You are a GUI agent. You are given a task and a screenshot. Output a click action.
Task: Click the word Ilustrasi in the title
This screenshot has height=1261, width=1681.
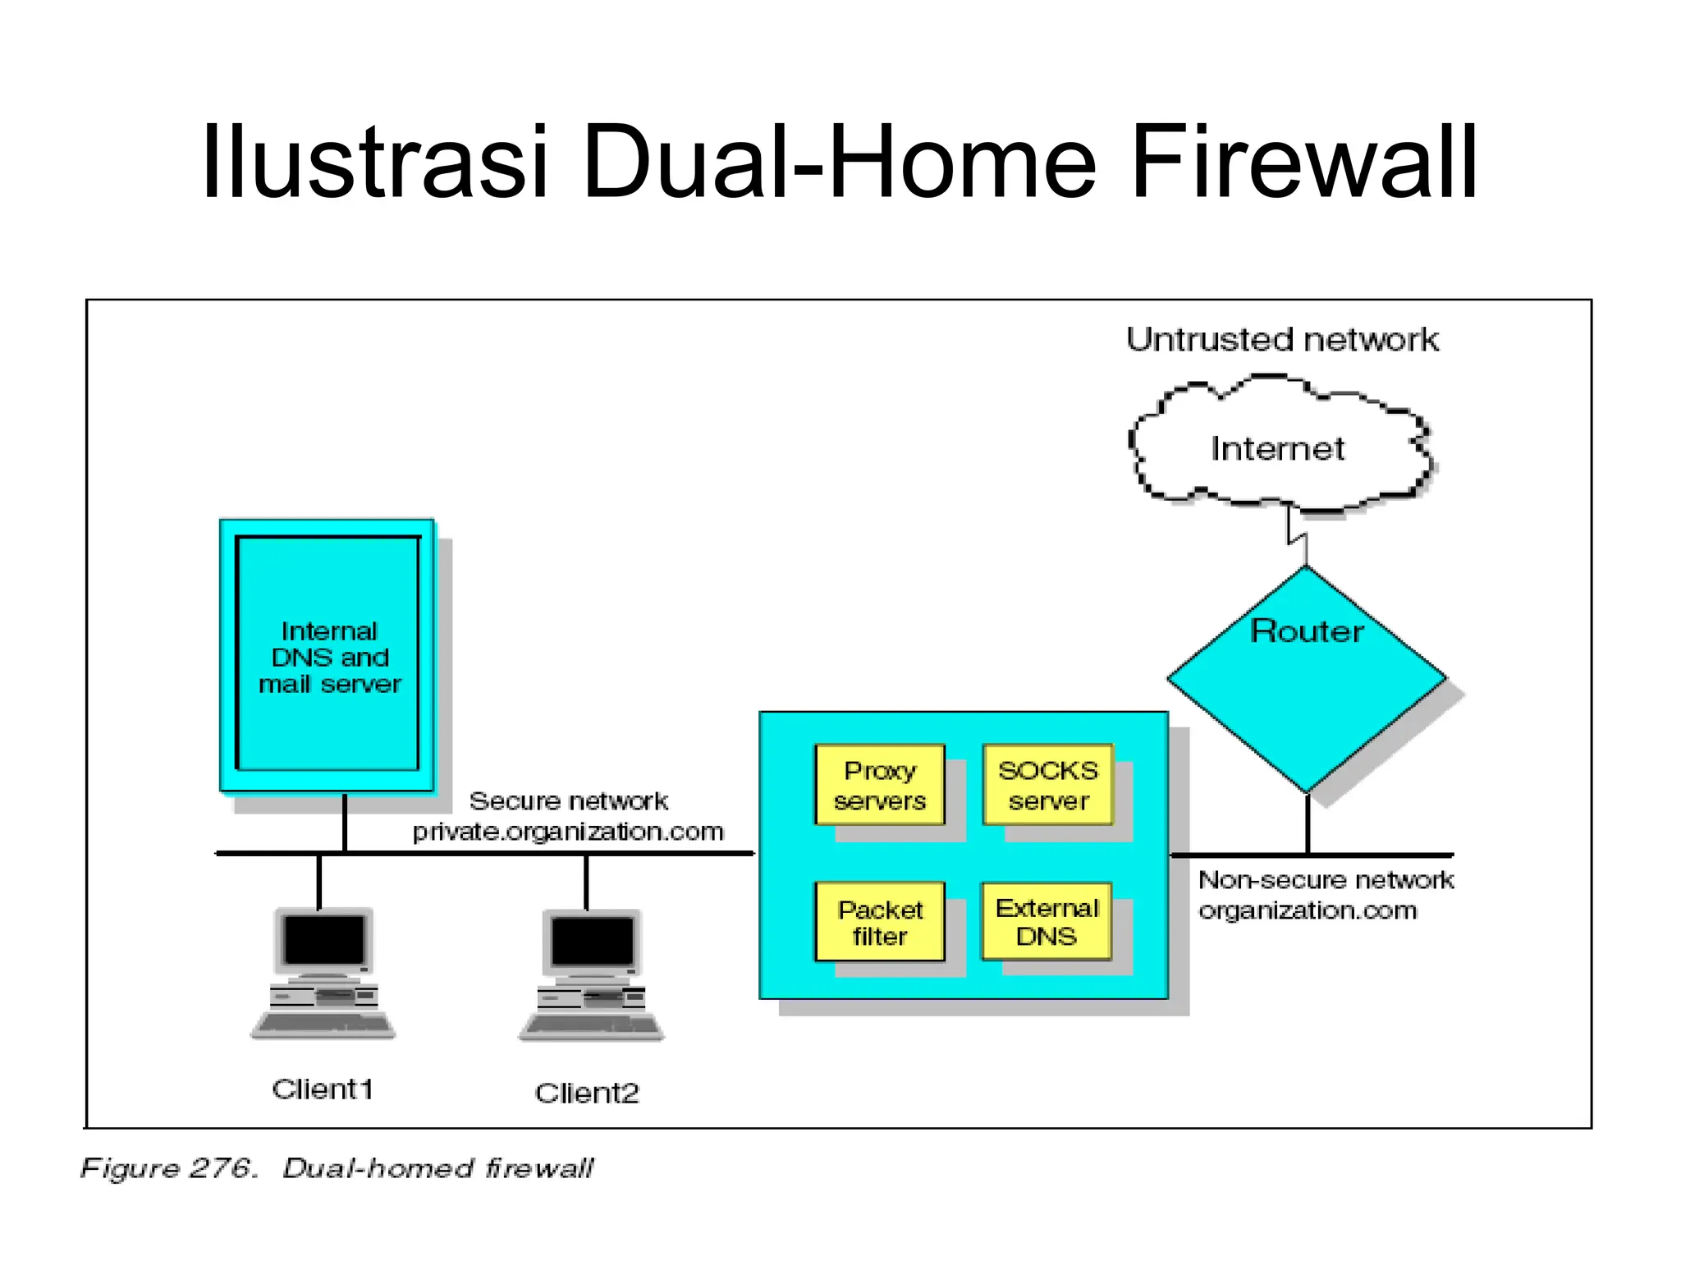pyautogui.click(x=373, y=162)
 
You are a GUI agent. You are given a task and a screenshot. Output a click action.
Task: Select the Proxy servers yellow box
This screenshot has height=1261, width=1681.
pyautogui.click(x=879, y=785)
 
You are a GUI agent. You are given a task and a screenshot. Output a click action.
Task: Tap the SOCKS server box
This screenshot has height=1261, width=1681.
pyautogui.click(x=1047, y=785)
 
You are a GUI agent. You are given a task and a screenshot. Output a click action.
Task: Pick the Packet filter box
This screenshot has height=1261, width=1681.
pyautogui.click(x=879, y=922)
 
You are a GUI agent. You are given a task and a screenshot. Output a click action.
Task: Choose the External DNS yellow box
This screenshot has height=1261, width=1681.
pyautogui.click(x=1047, y=922)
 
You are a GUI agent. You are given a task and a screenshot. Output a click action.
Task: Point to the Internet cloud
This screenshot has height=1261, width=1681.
pyautogui.click(x=1277, y=448)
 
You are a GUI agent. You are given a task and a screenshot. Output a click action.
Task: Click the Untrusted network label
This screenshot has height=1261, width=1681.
pyautogui.click(x=1281, y=340)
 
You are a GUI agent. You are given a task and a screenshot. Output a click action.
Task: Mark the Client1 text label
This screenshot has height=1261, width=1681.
pyautogui.click(x=323, y=1089)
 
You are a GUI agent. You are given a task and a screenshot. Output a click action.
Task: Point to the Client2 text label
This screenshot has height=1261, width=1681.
pyautogui.click(x=587, y=1093)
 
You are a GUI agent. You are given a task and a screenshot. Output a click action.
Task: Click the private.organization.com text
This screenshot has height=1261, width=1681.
pyautogui.click(x=568, y=832)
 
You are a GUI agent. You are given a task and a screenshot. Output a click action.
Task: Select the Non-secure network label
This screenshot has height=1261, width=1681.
pyautogui.click(x=1325, y=880)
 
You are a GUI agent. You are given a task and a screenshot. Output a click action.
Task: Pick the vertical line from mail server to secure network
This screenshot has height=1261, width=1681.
pyautogui.click(x=345, y=823)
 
